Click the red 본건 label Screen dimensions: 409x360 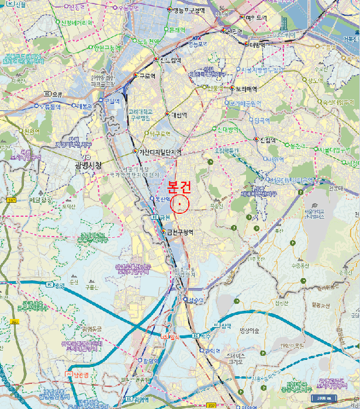(x=180, y=187)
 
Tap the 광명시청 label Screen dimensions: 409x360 (x=89, y=165)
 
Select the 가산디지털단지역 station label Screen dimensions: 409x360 (x=160, y=152)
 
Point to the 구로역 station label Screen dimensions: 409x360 (x=147, y=76)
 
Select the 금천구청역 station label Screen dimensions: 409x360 (x=180, y=232)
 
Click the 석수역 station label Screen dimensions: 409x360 (x=197, y=300)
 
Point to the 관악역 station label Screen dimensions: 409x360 (x=212, y=351)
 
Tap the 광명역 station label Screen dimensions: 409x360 (x=151, y=361)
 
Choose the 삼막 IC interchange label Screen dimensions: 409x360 (x=223, y=325)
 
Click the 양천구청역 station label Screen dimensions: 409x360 (x=108, y=48)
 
